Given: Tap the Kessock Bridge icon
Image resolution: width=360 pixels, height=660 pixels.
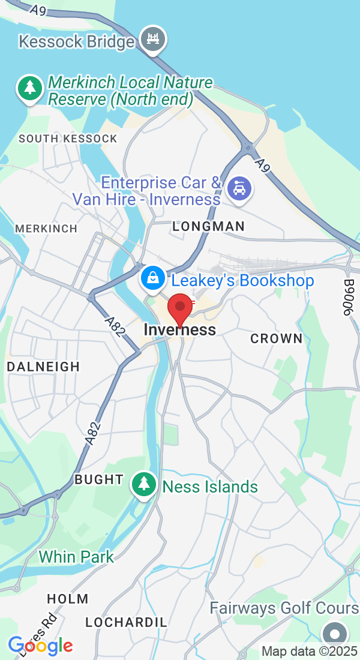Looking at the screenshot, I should click(152, 39).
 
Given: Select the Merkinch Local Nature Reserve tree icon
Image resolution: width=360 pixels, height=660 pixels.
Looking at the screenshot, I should click(29, 88).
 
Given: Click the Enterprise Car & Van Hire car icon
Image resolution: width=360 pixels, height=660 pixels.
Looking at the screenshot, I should click(240, 189).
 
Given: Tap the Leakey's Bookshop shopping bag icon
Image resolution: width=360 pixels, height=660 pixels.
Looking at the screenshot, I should click(154, 278).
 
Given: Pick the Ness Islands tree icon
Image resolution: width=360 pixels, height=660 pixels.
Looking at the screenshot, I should click(143, 484).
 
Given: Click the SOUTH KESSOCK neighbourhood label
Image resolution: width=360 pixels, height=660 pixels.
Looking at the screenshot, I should click(68, 139).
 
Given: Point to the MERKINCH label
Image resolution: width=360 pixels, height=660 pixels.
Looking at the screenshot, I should click(46, 229).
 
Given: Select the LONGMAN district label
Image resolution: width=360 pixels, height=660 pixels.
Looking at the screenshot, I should click(209, 226).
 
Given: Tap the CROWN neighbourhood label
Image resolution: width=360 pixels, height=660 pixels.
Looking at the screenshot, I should click(277, 338).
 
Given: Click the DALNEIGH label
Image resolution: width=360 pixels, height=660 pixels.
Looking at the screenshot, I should click(43, 367).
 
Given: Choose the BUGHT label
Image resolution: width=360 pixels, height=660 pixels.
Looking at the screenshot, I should click(99, 479).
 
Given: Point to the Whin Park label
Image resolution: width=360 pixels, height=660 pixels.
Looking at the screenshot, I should click(76, 557).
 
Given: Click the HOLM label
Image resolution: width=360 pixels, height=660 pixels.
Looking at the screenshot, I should click(68, 599).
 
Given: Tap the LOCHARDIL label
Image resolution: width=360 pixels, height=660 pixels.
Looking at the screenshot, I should click(126, 622).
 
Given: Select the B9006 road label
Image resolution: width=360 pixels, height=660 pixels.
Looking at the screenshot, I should click(350, 297).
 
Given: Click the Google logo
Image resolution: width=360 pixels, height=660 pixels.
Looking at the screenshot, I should click(40, 645).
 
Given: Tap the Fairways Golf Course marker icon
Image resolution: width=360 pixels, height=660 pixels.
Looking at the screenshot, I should click(334, 634).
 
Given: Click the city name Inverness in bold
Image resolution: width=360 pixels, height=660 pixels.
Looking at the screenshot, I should click(180, 330).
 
